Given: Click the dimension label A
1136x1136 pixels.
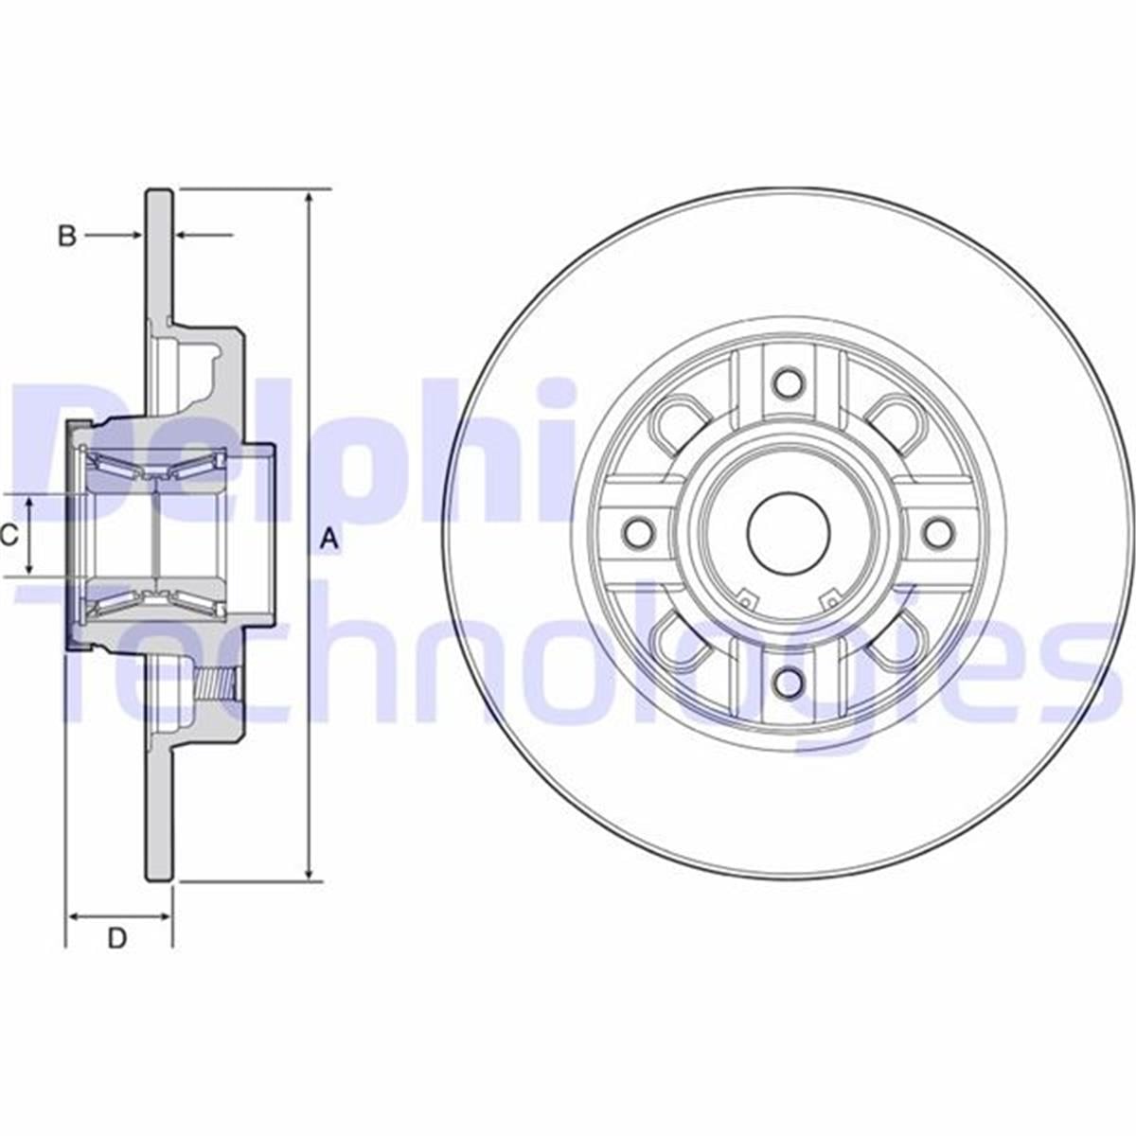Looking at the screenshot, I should (x=328, y=541).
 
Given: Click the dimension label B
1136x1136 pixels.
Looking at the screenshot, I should (x=66, y=236).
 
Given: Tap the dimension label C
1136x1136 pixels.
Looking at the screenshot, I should (x=9, y=537).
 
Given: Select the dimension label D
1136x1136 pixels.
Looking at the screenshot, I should (x=116, y=938).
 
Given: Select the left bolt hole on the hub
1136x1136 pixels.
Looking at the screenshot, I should (x=639, y=533).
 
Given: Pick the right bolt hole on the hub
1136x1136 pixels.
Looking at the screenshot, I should (x=937, y=533).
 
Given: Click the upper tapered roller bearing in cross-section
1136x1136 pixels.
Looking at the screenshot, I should (x=151, y=467).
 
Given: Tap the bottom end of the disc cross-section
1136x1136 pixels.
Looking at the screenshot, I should (x=159, y=878).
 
